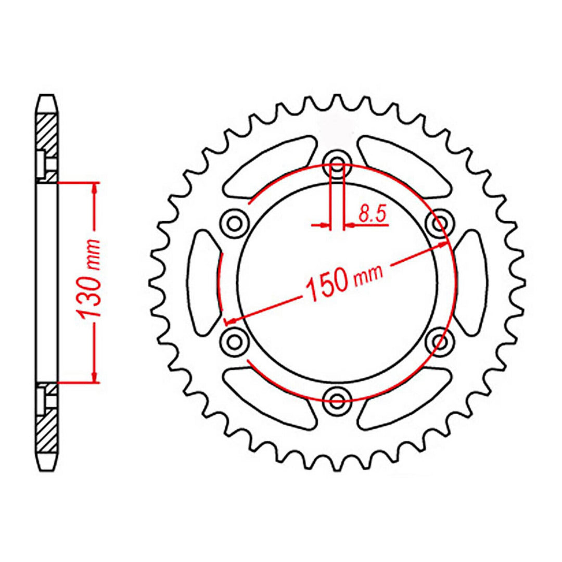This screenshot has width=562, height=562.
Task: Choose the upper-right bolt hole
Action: (x=440, y=223)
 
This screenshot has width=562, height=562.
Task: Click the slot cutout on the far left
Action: (x=205, y=281)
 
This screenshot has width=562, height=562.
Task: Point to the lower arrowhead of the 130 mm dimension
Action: (x=94, y=377)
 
